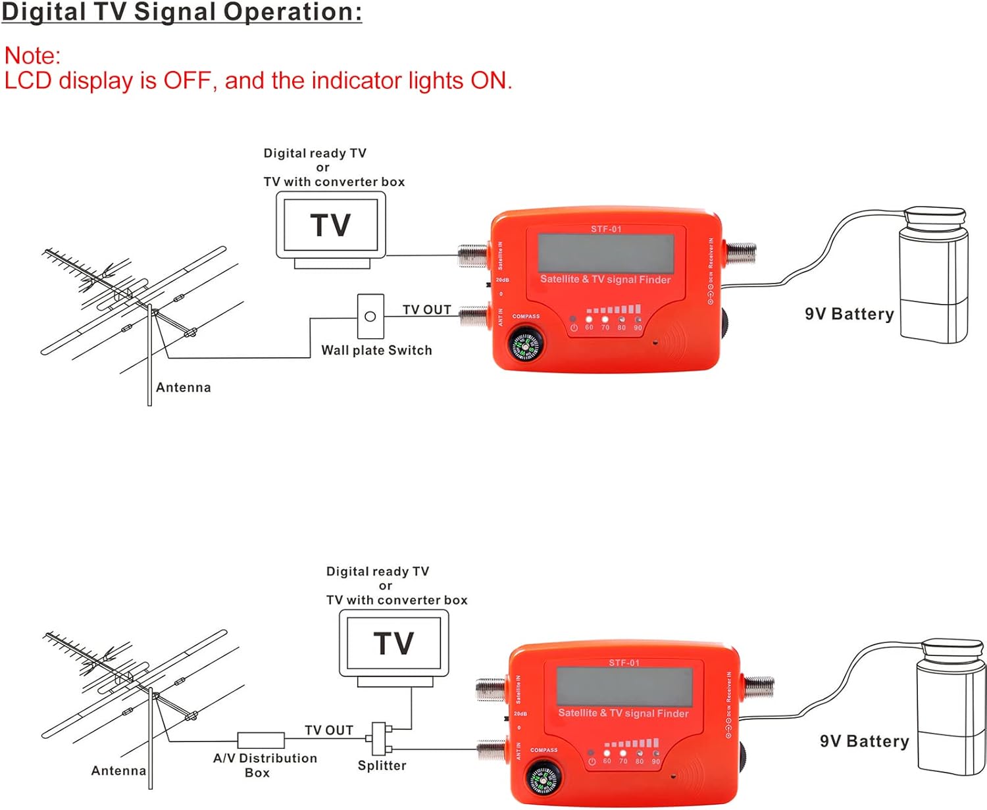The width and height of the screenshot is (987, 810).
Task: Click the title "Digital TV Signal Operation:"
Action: click(182, 13)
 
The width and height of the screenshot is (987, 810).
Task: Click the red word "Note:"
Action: click(32, 56)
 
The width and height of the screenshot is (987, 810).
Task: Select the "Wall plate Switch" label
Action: click(376, 351)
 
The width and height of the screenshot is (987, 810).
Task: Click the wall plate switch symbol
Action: click(370, 316)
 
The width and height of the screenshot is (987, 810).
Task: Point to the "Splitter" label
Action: click(382, 766)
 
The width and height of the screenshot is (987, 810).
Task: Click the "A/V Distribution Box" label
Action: click(265, 765)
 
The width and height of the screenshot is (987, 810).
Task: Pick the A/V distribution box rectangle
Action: click(261, 740)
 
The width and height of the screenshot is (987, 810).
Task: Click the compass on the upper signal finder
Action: click(526, 345)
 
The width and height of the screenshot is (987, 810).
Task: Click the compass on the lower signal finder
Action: click(544, 779)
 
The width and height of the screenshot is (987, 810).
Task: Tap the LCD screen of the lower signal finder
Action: click(624, 686)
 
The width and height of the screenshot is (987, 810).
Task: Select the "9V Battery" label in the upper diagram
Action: click(849, 315)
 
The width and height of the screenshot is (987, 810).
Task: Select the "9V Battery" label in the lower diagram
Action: click(864, 742)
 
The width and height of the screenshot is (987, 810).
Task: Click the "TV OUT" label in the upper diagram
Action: click(427, 310)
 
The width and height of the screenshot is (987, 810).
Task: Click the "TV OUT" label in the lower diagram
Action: click(329, 730)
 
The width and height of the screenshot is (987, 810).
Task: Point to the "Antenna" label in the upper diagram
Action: click(184, 388)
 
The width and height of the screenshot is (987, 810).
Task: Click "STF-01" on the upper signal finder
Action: click(606, 229)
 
